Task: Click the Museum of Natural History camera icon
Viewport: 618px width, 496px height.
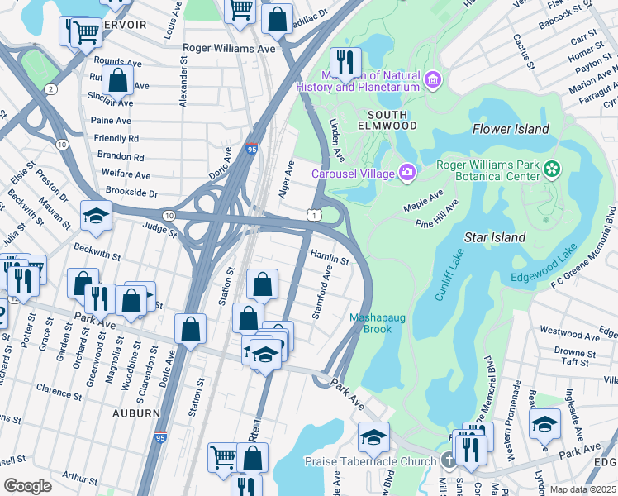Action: coord(433,79)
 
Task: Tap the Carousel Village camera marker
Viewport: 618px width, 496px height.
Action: coord(406,173)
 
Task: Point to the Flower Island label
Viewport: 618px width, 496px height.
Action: coord(511,129)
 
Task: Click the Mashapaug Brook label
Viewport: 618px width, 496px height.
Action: coord(381,322)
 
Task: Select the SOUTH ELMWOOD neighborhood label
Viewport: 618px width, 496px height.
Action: coord(387,120)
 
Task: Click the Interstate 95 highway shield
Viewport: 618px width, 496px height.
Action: coord(252,150)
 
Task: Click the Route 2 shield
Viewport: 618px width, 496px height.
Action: coord(51,88)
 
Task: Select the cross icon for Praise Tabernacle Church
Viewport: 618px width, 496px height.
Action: coord(448,460)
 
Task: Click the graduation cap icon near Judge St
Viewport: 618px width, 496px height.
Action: coord(97,215)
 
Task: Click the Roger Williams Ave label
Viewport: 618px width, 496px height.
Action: coord(229,49)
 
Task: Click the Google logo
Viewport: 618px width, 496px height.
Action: coord(28,485)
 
